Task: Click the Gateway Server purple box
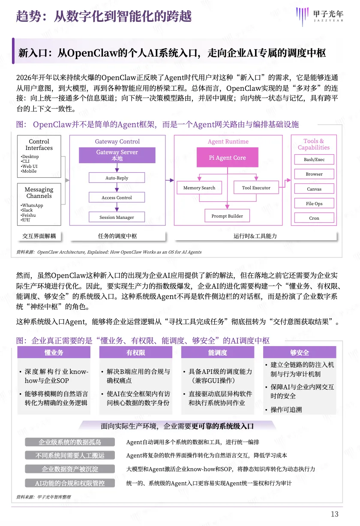[x=117, y=155]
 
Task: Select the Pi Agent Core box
[x=227, y=158]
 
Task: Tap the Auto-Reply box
[x=117, y=178]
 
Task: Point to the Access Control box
[x=117, y=197]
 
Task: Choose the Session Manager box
[x=117, y=217]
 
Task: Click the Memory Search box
[x=199, y=188]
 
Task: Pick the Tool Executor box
[x=256, y=188]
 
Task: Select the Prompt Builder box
[x=227, y=216]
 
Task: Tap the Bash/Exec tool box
[x=314, y=159]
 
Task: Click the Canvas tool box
[x=314, y=189]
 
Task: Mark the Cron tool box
[x=314, y=218]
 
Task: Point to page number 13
[x=335, y=514]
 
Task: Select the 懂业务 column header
[x=54, y=353]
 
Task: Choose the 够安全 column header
[x=300, y=353]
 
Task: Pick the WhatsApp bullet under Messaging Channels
[x=33, y=206]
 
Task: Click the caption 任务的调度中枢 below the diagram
[x=117, y=236]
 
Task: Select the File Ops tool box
[x=314, y=203]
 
